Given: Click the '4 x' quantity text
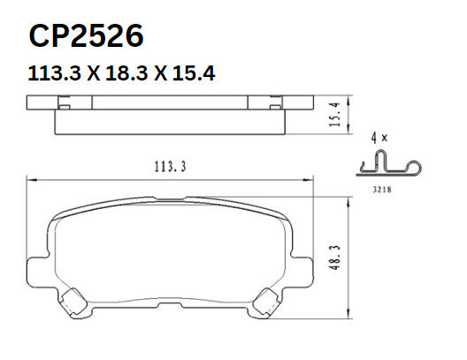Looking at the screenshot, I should click(379, 138).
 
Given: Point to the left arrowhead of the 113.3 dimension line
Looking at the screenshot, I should click(30, 180).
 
